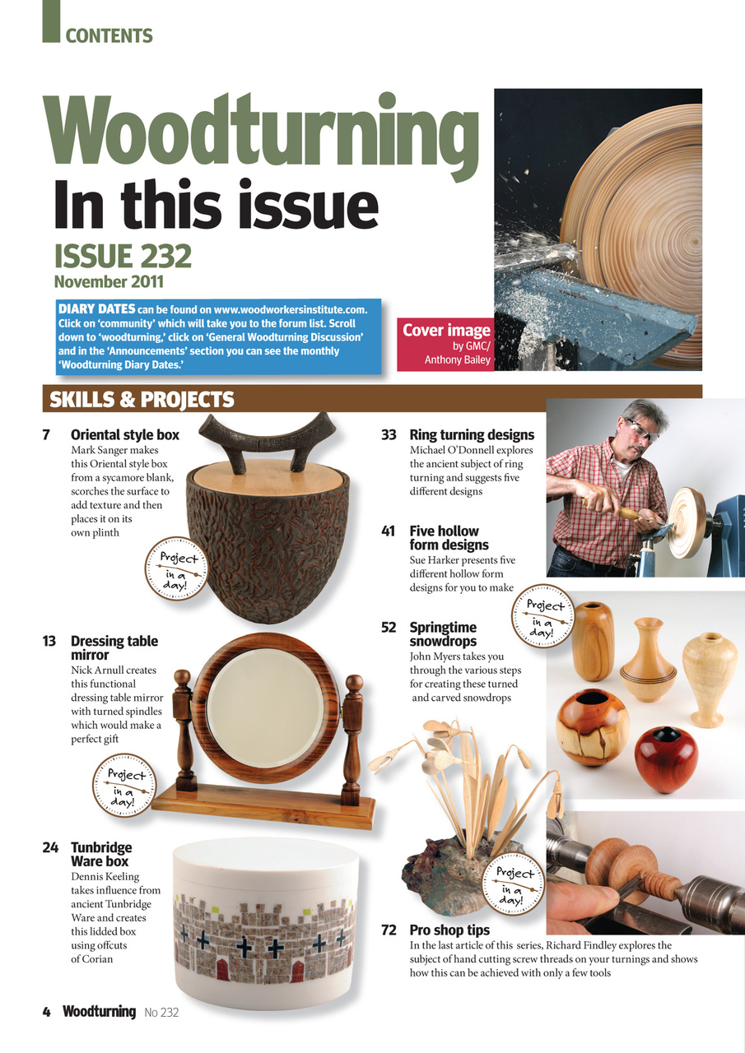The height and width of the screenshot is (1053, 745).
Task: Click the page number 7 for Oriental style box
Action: click(x=46, y=435)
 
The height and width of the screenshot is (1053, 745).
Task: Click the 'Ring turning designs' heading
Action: click(x=472, y=435)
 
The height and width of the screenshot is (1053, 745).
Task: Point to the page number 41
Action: click(x=389, y=531)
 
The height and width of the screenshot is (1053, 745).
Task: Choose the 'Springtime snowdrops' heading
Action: click(x=443, y=634)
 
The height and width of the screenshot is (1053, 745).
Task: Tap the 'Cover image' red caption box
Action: click(x=445, y=343)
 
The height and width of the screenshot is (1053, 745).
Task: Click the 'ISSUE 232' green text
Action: click(x=123, y=257)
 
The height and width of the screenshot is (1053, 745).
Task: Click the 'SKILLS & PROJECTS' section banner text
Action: click(x=142, y=400)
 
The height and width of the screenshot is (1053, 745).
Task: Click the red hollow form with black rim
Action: click(x=665, y=758)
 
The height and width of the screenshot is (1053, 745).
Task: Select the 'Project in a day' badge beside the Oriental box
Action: click(x=175, y=568)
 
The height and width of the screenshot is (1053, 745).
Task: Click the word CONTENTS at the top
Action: click(x=109, y=36)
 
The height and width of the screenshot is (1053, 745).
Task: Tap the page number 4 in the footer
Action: click(x=47, y=1012)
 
